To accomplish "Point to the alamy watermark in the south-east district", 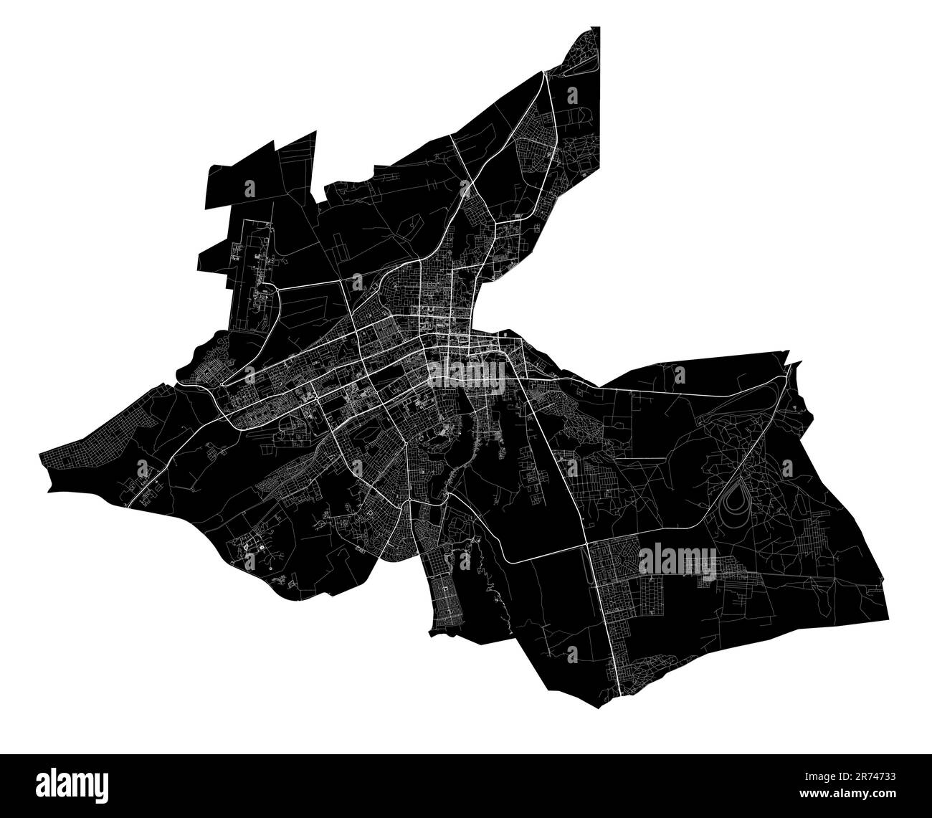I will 677,559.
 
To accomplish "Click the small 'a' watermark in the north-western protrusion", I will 249,189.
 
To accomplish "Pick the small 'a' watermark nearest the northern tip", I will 572,95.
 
